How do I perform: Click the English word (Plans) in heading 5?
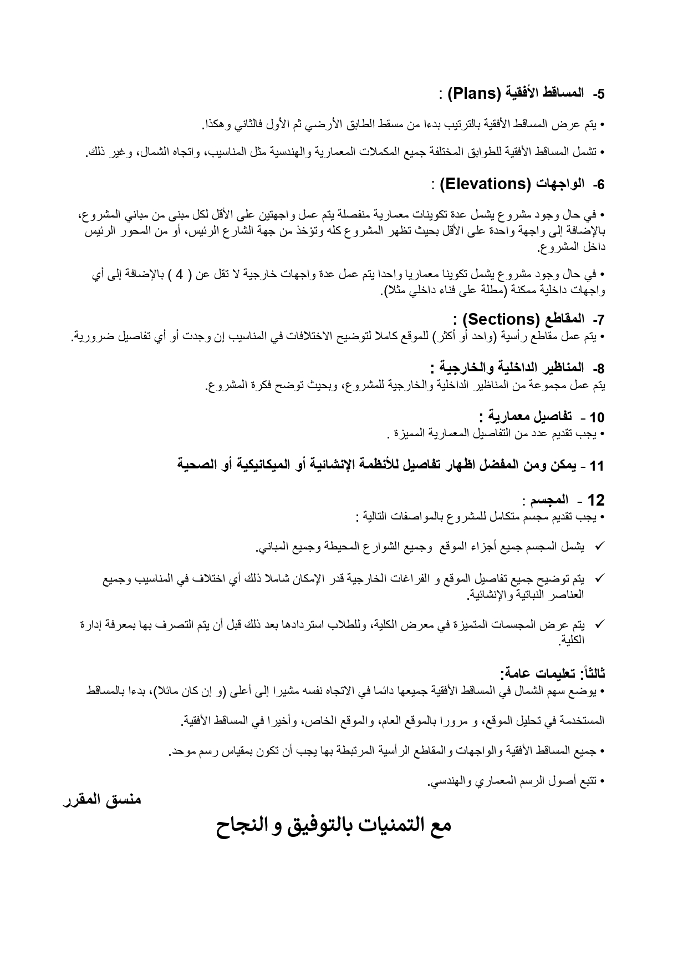tap(475, 93)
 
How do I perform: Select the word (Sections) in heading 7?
tap(501, 320)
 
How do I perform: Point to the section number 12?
tap(595, 501)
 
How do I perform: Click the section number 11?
tap(597, 466)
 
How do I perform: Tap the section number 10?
tap(597, 417)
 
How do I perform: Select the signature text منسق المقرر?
tap(102, 800)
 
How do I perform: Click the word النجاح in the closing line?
tap(245, 825)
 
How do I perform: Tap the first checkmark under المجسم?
tap(599, 547)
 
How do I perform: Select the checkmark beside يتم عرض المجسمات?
tap(599, 624)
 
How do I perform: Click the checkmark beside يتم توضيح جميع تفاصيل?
tap(599, 578)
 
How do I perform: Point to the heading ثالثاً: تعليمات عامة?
tap(553, 674)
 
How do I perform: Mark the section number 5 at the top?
tap(599, 94)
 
